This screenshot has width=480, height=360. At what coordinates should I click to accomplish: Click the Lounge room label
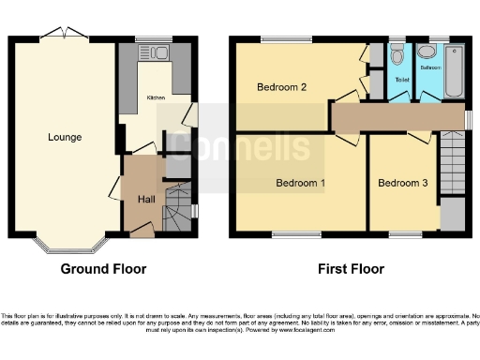click(x=65, y=138)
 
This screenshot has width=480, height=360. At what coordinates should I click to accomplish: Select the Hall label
click(x=146, y=200)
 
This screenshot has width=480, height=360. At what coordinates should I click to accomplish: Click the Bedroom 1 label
click(x=300, y=184)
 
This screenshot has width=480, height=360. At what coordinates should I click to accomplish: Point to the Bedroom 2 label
click(x=282, y=88)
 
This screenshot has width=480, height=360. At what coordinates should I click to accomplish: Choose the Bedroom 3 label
click(x=402, y=184)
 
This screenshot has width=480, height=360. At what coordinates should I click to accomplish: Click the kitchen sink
click(x=153, y=52)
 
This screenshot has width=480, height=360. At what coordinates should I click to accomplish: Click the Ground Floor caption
click(x=103, y=269)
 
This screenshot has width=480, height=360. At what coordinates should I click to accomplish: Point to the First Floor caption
click(x=351, y=269)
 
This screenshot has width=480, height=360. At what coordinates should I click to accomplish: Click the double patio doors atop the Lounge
click(x=64, y=35)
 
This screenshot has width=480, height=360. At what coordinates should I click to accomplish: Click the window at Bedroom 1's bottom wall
click(x=292, y=233)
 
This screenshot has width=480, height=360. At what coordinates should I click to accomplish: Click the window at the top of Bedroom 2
click(x=286, y=38)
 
